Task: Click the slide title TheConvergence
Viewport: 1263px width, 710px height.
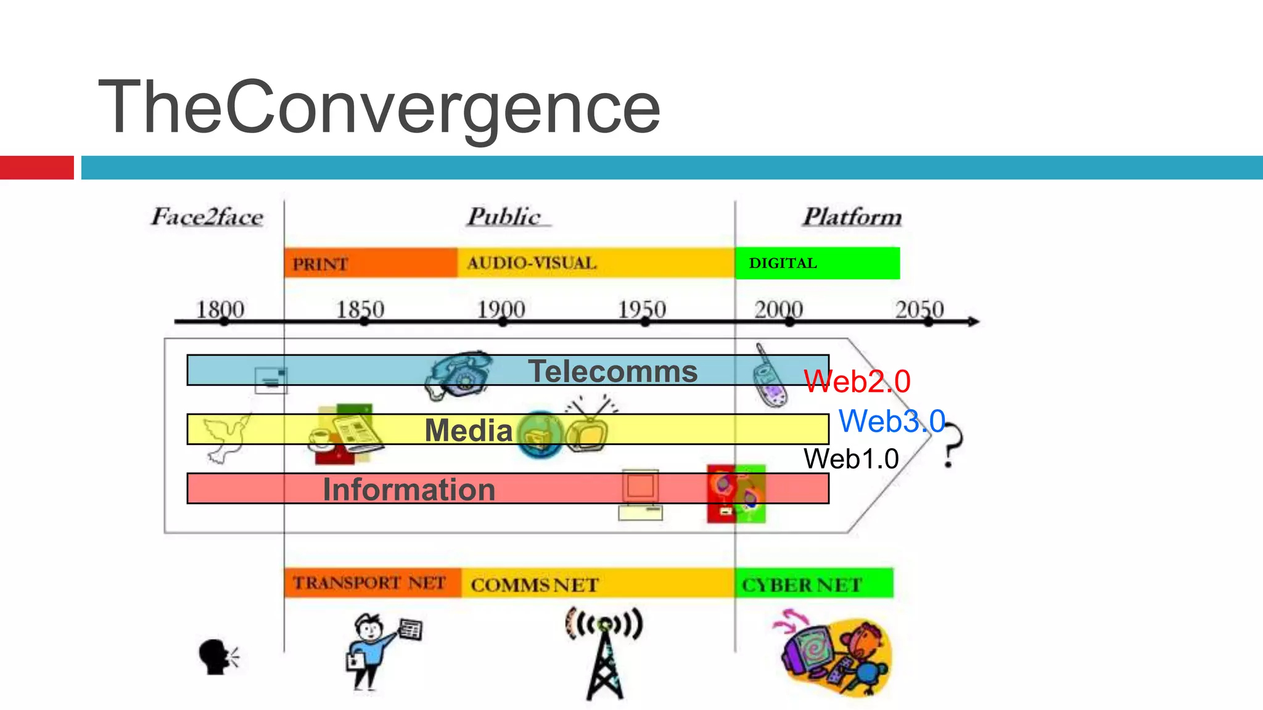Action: pyautogui.click(x=379, y=107)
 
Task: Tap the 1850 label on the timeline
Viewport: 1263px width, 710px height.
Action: pyautogui.click(x=360, y=309)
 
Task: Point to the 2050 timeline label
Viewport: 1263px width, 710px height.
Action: pyautogui.click(x=919, y=309)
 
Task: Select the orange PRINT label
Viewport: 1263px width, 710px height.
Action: pyautogui.click(x=320, y=264)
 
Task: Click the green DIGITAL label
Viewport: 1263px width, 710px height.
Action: pyautogui.click(x=783, y=263)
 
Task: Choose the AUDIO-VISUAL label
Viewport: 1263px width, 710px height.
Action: pyautogui.click(x=532, y=263)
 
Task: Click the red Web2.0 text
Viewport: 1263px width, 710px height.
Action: pyautogui.click(x=857, y=381)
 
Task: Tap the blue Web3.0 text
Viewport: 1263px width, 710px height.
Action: pyautogui.click(x=892, y=422)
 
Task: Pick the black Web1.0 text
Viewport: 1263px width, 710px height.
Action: pyautogui.click(x=851, y=459)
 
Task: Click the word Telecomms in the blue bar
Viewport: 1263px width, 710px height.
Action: pyautogui.click(x=612, y=371)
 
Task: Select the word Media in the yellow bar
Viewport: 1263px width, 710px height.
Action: pyautogui.click(x=468, y=430)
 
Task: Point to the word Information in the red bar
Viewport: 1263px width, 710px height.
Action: pyautogui.click(x=409, y=489)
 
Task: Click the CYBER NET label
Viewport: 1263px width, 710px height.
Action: pyautogui.click(x=802, y=584)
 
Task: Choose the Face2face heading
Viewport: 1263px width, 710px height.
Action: pyautogui.click(x=207, y=217)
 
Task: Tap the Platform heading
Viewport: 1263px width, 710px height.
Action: pyautogui.click(x=852, y=217)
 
